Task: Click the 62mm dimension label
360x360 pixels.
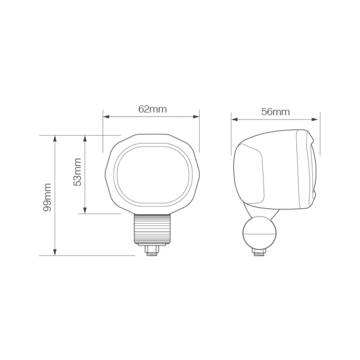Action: pos(152,109)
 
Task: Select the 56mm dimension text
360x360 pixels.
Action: pos(275,112)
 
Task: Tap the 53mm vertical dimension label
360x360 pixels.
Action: pos(77,173)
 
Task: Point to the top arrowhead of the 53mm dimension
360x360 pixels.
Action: pos(85,138)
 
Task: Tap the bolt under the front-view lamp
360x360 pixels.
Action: pos(152,248)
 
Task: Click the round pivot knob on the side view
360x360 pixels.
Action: pos(259,230)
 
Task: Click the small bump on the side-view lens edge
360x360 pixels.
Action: pos(314,193)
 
